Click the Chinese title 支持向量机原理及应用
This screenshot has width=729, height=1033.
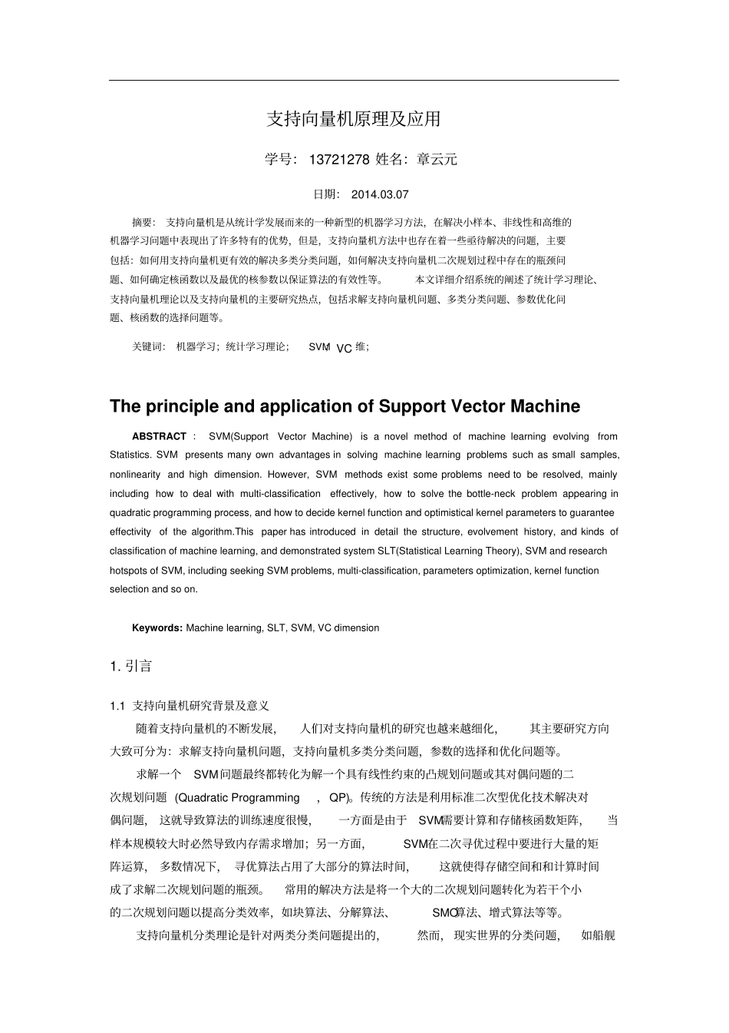click(354, 119)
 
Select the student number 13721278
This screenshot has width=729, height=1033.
click(339, 160)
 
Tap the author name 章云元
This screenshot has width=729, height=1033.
click(437, 160)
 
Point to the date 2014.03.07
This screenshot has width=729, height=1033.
click(380, 195)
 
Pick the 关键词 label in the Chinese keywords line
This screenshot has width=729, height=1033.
click(148, 347)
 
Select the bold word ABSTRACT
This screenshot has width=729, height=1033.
click(159, 436)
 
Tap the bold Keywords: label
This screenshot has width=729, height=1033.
click(157, 628)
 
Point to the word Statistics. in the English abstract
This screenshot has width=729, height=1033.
click(130, 455)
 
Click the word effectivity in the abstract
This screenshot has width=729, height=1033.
click(130, 532)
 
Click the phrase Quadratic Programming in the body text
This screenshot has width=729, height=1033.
click(239, 798)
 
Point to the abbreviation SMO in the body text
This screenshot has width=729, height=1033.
click(443, 913)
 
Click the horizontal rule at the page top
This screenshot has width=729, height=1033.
click(364, 80)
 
